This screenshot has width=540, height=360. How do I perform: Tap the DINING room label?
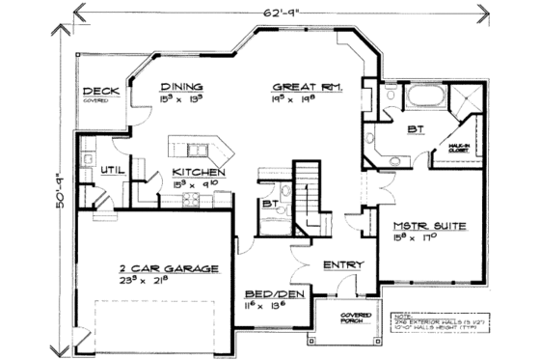pos(181,85)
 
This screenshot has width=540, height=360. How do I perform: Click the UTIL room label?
pos(111,171)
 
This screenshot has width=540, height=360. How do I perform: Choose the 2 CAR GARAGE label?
pos(169,268)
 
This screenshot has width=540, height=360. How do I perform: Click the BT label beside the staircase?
pos(269,204)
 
